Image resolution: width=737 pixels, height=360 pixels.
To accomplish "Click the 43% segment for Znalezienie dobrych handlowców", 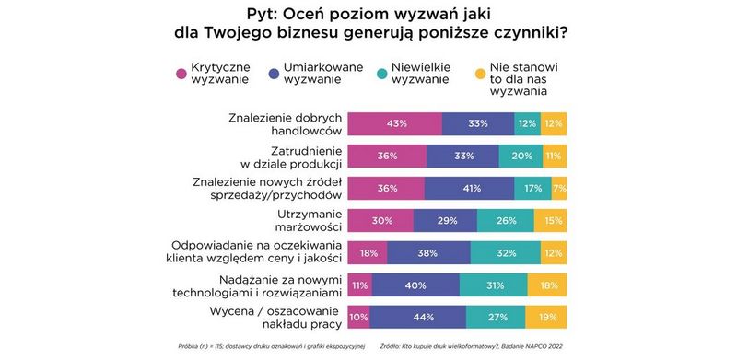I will [x=395, y=123].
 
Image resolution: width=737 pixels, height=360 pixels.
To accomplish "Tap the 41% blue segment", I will [x=470, y=188].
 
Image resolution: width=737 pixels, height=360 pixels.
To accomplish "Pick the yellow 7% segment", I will [x=559, y=188].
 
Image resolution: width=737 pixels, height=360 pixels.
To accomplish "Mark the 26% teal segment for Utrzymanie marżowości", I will [x=504, y=220].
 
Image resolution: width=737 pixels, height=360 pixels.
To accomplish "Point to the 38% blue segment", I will [x=428, y=252].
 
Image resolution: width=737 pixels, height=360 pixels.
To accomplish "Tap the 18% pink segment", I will [x=368, y=252].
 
